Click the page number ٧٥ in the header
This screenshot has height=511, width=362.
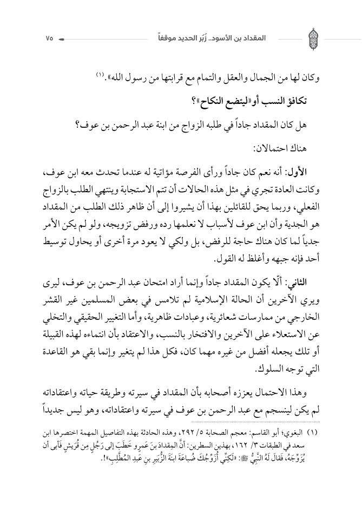click(49, 39)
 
